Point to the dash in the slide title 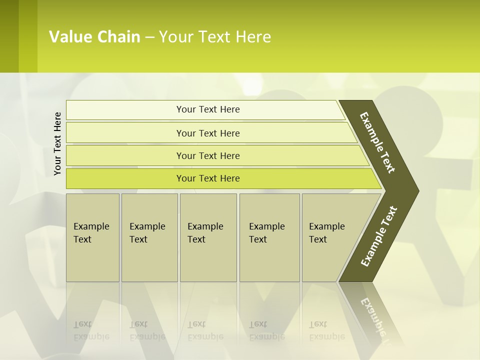[149, 37]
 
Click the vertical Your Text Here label [57, 143]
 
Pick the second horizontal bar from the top [208, 133]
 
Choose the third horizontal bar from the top [208, 155]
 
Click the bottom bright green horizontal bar [208, 178]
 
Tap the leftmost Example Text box [92, 237]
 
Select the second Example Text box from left [149, 237]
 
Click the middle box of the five [208, 237]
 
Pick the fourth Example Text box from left [269, 237]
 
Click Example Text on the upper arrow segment [378, 142]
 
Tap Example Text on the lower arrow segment [379, 236]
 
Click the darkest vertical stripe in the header [9, 36]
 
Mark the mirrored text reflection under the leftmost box [91, 330]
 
